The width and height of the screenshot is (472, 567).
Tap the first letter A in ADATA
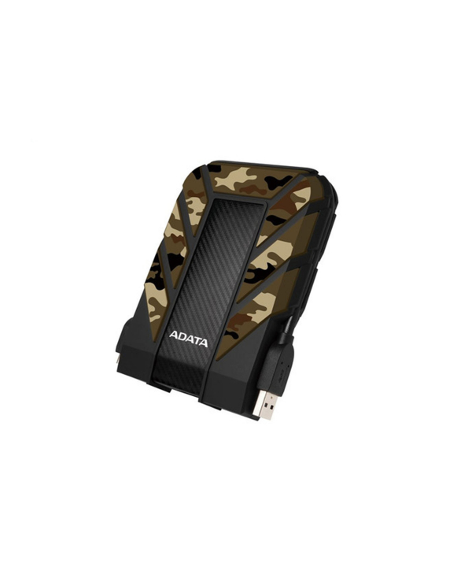point(173,335)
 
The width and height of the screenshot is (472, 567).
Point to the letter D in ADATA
point(181,337)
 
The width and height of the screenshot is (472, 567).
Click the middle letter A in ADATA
point(189,339)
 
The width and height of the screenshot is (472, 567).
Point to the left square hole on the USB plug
point(260,402)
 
